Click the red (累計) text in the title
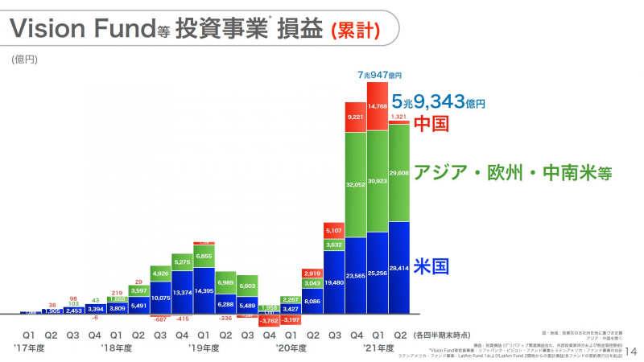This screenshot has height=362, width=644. click(354, 29)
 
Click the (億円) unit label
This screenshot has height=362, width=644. click(24, 59)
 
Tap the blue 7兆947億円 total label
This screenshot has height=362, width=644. click(378, 76)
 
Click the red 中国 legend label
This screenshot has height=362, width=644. click(431, 124)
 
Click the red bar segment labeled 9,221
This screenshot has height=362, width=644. click(356, 117)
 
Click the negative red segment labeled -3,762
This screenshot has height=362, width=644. click(269, 319)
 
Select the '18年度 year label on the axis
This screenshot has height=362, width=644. click(118, 348)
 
